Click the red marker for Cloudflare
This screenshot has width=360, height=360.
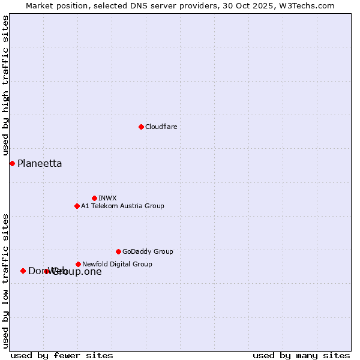pos(141,127)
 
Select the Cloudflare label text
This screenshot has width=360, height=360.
pos(161,127)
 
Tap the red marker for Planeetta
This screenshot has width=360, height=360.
pos(12,163)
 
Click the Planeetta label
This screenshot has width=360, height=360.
pos(40,163)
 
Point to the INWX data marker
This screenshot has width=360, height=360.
pos(94,198)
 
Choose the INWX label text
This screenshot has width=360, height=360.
pos(107,198)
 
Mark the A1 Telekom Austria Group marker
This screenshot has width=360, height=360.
pos(77,206)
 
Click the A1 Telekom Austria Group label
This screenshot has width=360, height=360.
pos(122,206)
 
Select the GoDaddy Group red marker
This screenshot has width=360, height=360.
pos(118,251)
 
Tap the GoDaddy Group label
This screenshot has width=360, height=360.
pos(148,251)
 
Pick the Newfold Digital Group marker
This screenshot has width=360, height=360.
pos(78,264)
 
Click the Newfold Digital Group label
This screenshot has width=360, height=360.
pos(117,264)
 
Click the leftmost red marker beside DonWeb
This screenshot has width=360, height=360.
pos(23,271)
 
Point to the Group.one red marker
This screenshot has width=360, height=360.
pos(46,271)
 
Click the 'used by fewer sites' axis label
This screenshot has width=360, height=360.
pos(62,355)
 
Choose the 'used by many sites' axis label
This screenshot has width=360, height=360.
pos(301,355)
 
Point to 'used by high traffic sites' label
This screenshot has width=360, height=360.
pos(5,86)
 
